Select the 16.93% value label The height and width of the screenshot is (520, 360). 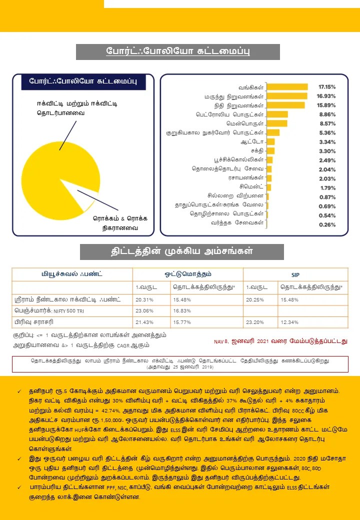point(326,96)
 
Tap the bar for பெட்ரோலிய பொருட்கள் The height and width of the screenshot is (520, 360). point(277,114)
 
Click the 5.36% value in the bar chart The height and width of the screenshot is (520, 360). point(326,133)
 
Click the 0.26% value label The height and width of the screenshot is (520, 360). point(326,224)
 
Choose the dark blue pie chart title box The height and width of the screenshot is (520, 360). point(83,81)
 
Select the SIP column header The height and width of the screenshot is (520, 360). point(295,275)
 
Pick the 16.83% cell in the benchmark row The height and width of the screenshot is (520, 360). point(181,310)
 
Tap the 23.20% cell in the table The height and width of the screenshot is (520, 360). point(255,322)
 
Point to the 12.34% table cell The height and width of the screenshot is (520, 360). point(290,322)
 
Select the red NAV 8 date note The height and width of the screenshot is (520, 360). point(280,341)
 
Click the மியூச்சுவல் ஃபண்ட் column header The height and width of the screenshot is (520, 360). point(72,274)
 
